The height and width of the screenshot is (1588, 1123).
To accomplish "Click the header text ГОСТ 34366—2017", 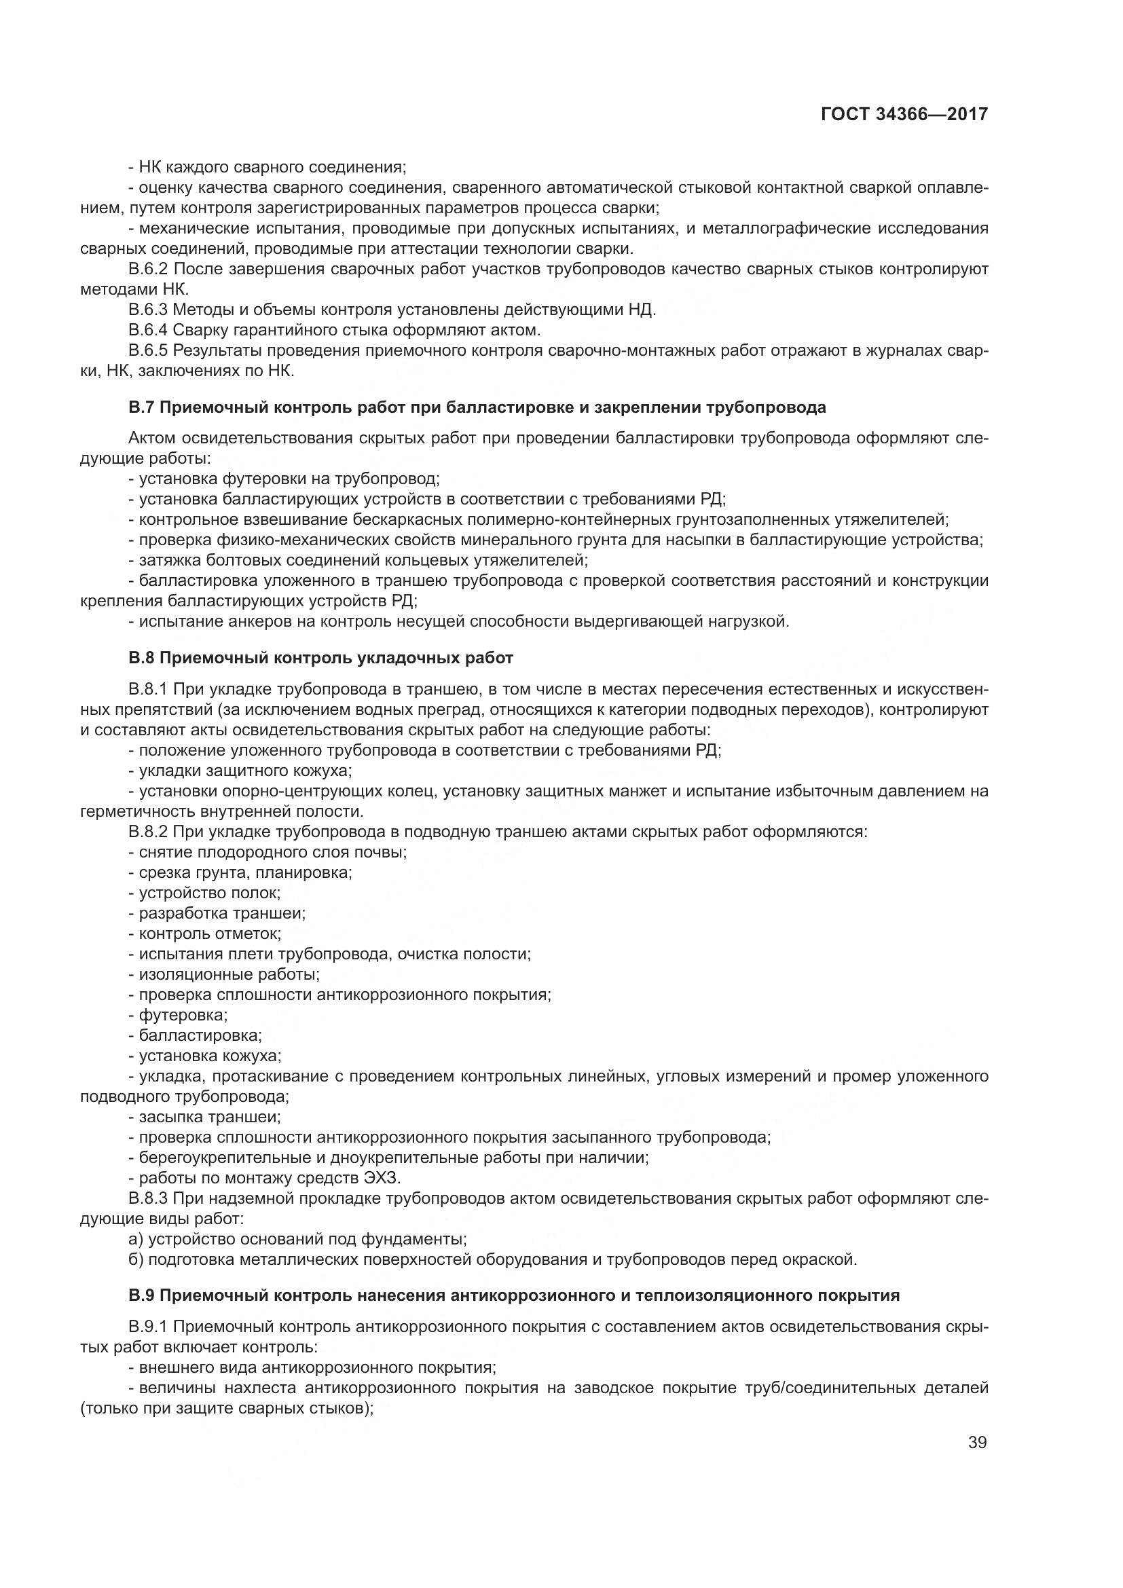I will tap(904, 114).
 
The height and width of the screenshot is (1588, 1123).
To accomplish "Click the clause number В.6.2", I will tap(148, 269).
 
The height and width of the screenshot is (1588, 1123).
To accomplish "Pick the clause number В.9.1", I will tap(148, 1327).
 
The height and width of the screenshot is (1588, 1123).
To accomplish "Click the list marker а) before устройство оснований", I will tap(136, 1239).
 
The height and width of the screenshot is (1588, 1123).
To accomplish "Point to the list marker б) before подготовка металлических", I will tap(136, 1259).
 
